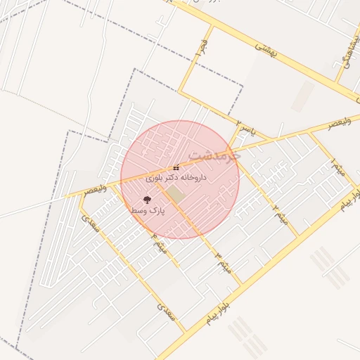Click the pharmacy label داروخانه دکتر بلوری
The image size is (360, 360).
(x=175, y=179)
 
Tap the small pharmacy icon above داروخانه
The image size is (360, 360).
(x=175, y=167)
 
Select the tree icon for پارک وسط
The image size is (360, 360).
(x=146, y=200)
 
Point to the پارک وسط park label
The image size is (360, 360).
(x=148, y=210)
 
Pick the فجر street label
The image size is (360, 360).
(x=202, y=49)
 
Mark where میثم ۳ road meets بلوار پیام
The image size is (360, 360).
(x=242, y=284)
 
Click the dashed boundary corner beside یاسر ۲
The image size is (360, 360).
(x=243, y=87)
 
